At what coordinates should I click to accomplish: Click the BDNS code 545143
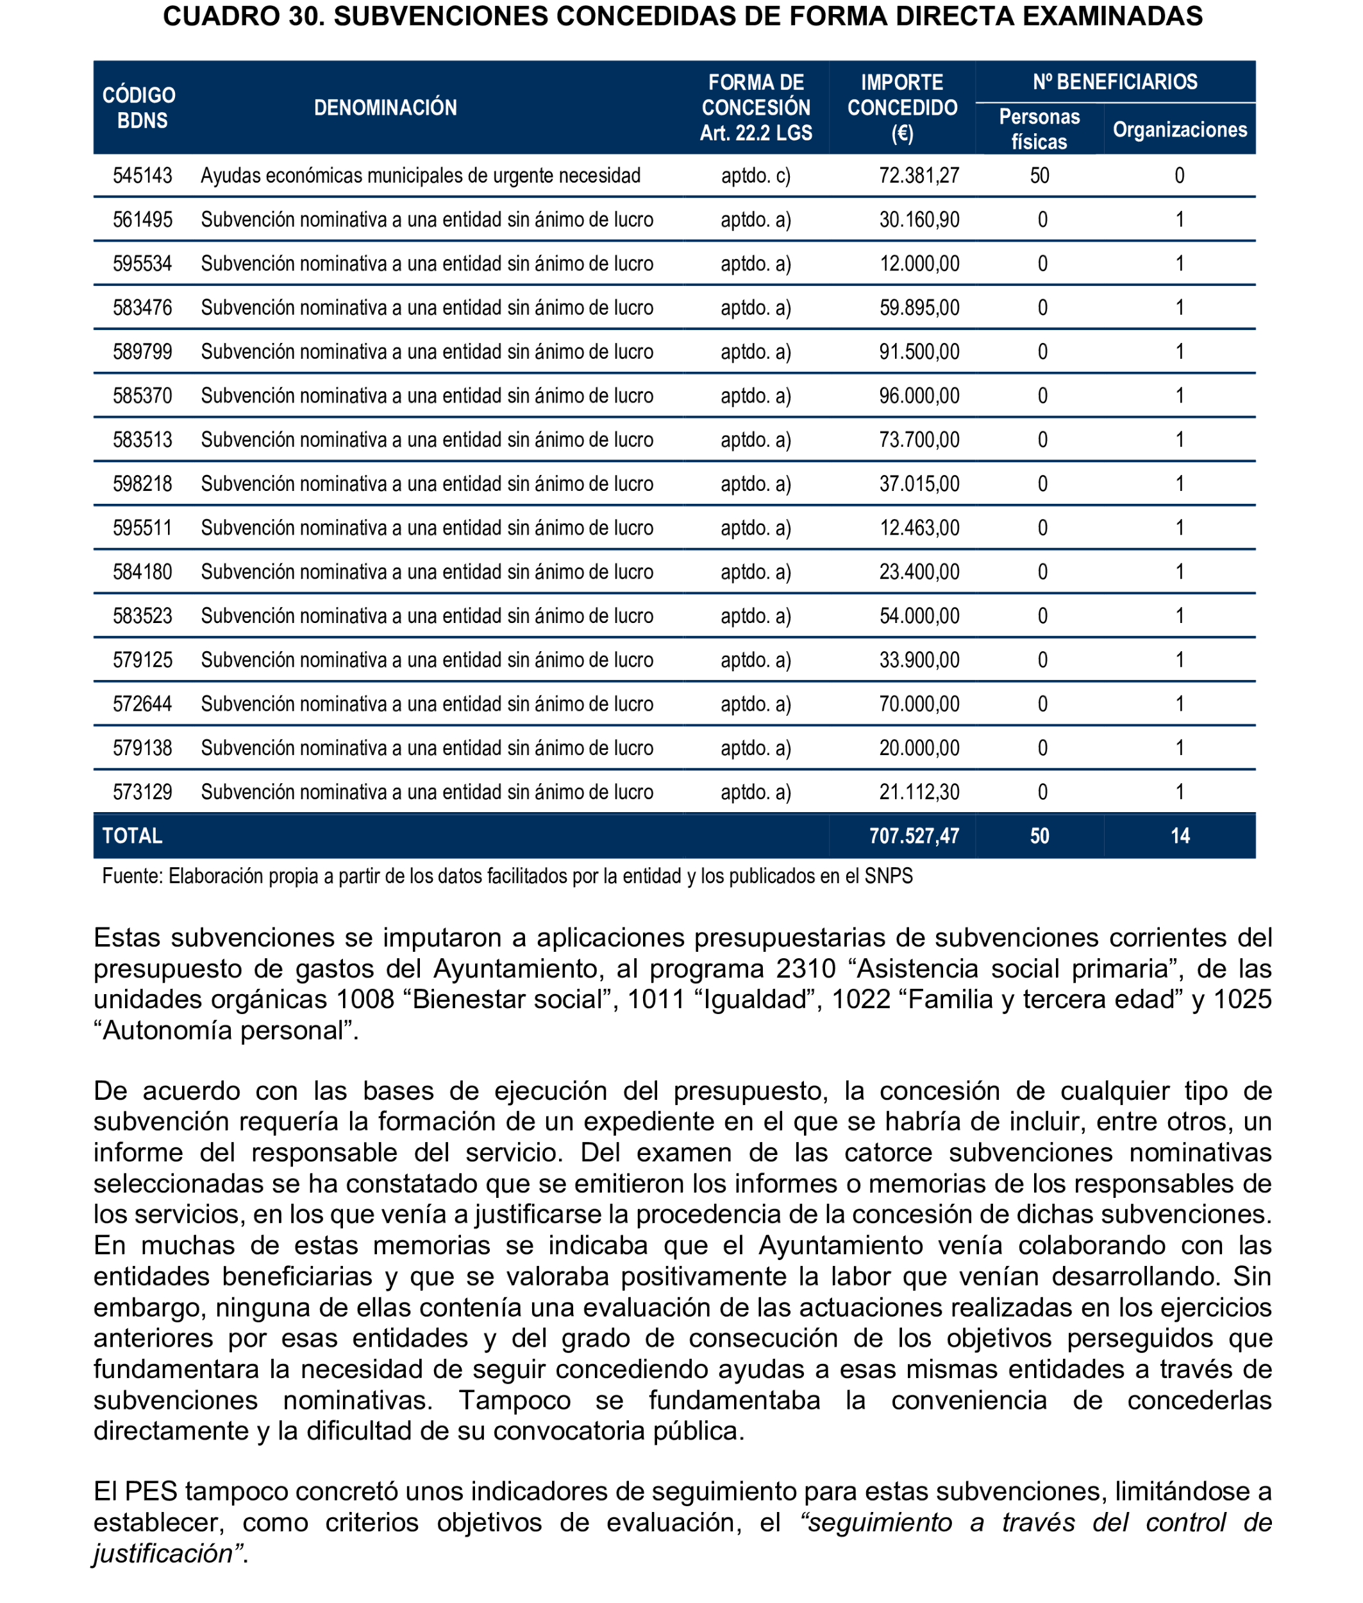click(x=142, y=176)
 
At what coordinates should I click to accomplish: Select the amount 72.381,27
click(x=919, y=176)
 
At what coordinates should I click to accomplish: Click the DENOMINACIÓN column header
click(x=385, y=108)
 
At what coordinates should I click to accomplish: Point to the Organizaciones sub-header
click(x=1179, y=129)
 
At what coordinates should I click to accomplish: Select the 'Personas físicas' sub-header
click(x=1039, y=129)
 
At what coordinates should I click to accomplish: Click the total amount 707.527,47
click(x=914, y=836)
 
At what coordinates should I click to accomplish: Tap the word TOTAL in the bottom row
click(x=132, y=836)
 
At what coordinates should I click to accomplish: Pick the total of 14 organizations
click(x=1179, y=836)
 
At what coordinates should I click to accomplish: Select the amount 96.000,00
click(x=919, y=395)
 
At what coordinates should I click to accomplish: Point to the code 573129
click(x=142, y=792)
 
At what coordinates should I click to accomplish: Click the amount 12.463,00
click(x=919, y=527)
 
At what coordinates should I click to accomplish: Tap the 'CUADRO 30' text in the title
click(x=244, y=16)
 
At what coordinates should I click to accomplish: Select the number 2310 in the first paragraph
click(x=806, y=968)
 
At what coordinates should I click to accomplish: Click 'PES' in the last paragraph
click(x=151, y=1491)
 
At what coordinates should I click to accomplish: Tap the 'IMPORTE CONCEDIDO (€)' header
click(x=901, y=108)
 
